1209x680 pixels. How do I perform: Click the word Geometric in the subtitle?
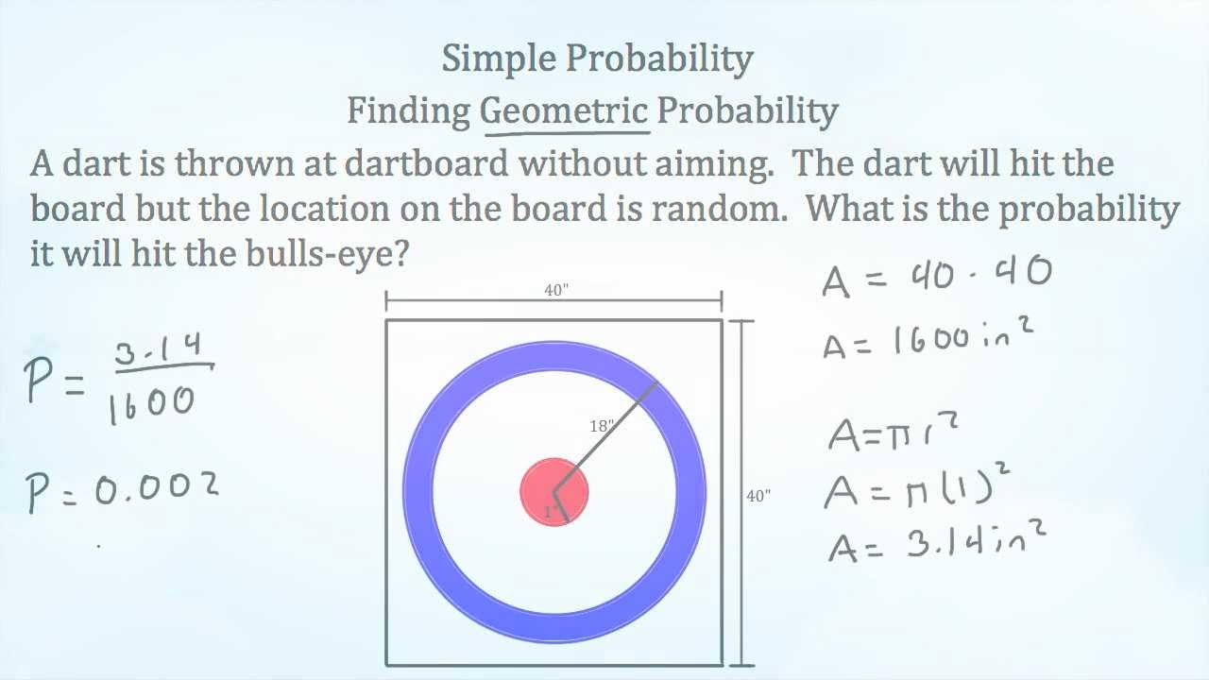click(564, 111)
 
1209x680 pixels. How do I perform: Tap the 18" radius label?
click(602, 426)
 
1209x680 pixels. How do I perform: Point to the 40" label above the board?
click(556, 291)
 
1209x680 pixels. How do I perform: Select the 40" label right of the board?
click(758, 495)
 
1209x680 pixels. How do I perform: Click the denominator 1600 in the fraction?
click(151, 403)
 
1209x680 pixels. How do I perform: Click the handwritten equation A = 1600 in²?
click(927, 338)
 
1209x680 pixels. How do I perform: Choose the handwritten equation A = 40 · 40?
click(936, 276)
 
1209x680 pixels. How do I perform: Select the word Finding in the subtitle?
click(408, 111)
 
